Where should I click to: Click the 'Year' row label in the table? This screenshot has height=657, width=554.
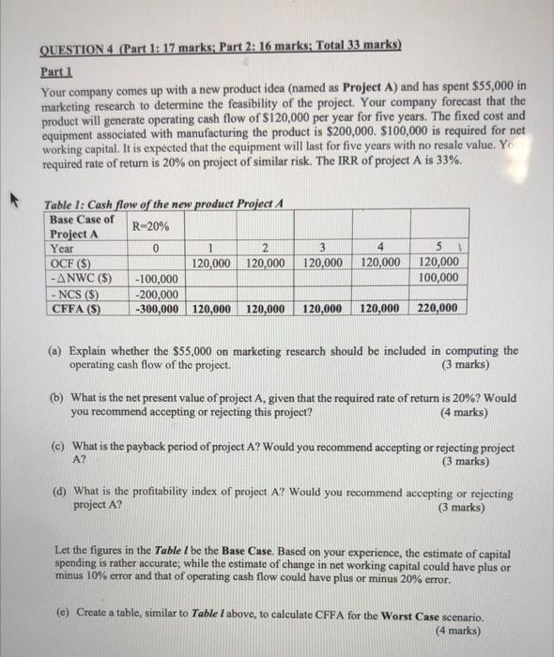63,249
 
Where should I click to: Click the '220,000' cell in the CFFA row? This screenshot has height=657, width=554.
438,308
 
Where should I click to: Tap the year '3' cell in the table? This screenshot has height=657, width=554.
321,249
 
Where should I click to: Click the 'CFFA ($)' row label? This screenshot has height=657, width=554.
74,308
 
